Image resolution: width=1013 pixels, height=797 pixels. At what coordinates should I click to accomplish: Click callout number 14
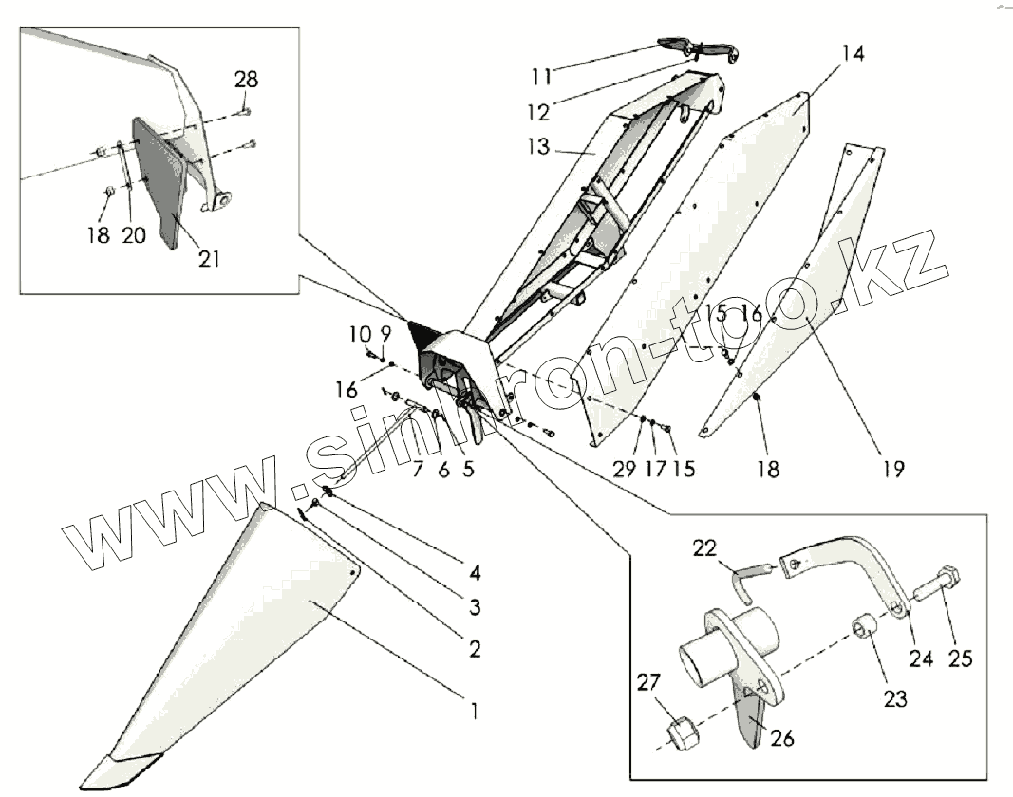click(x=853, y=54)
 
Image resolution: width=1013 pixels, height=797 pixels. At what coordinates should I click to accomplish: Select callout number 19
click(x=892, y=468)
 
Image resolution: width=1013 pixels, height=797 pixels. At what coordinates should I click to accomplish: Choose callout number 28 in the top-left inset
click(x=246, y=80)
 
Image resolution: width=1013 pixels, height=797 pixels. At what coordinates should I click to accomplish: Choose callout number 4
click(x=473, y=573)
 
